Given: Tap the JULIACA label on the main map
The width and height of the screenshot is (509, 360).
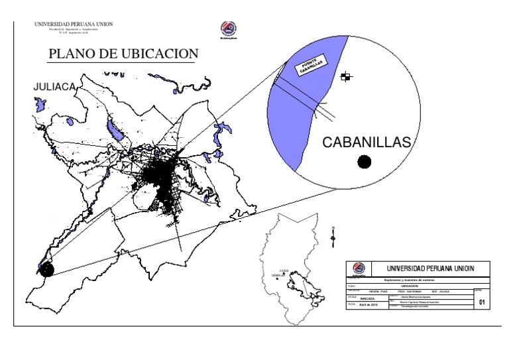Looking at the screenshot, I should click(x=56, y=86).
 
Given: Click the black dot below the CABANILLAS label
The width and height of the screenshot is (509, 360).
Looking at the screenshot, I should click(x=364, y=161).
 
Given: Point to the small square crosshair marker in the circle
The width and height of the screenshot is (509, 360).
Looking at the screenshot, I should click(x=345, y=77).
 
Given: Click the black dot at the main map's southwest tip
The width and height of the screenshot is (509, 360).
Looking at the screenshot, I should click(x=46, y=269).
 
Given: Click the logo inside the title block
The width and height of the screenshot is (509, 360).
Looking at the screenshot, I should click(x=359, y=269).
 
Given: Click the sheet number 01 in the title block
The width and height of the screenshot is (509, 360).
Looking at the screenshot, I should click(x=482, y=303).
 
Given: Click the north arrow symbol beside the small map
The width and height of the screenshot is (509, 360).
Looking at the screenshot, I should click(x=333, y=236).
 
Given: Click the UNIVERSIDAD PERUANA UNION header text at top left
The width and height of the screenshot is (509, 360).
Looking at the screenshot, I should click(x=74, y=25).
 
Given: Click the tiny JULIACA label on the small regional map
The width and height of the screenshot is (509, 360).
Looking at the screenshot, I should click(x=284, y=270).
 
